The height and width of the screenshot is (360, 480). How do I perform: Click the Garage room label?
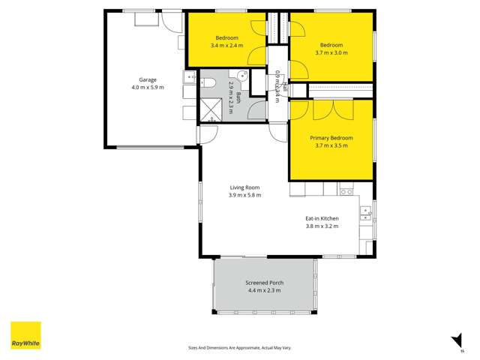point(147,79)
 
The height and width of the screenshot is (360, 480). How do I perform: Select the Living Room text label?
point(244,187)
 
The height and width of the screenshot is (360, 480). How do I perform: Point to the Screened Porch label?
point(262,283)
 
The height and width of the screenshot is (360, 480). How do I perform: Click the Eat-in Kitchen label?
point(322,218)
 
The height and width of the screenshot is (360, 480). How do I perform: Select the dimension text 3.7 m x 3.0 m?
point(331,52)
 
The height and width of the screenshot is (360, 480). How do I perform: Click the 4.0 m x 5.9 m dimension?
point(147,87)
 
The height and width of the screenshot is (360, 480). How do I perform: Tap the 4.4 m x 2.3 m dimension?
point(262,290)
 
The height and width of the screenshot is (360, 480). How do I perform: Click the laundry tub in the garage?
point(187,79)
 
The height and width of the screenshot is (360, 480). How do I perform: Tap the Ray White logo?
point(25,336)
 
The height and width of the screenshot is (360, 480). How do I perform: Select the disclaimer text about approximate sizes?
point(240,348)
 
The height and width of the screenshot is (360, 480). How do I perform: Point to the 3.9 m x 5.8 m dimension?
point(244,195)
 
